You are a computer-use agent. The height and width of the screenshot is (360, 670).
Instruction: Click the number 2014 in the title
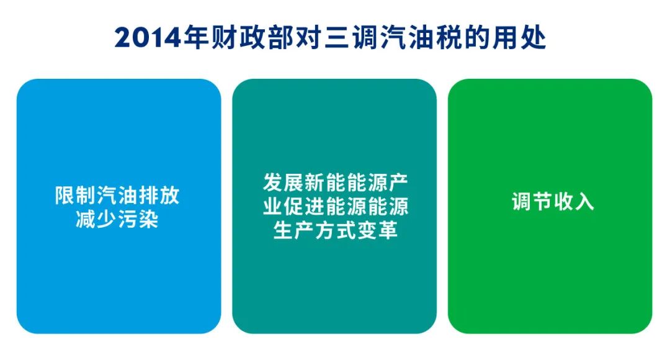148,38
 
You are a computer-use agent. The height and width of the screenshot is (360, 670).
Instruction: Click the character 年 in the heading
196,38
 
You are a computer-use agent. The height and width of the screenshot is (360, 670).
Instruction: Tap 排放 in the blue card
159,196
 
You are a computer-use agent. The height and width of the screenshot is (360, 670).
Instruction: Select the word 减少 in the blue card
96,219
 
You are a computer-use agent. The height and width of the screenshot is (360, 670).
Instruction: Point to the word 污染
138,219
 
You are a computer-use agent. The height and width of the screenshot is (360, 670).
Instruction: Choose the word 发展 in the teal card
284,182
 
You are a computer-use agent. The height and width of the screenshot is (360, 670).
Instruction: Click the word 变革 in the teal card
377,230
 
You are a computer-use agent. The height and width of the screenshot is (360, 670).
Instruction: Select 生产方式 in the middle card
315,230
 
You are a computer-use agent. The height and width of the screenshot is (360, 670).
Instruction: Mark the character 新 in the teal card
315,182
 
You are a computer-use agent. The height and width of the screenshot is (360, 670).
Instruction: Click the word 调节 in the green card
532,201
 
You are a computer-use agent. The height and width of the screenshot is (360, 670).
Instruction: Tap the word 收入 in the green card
573,201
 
